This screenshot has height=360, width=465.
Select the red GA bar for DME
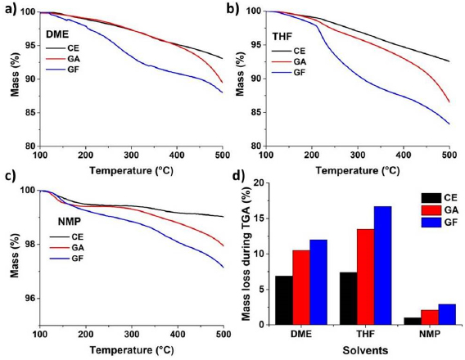click(302, 287)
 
